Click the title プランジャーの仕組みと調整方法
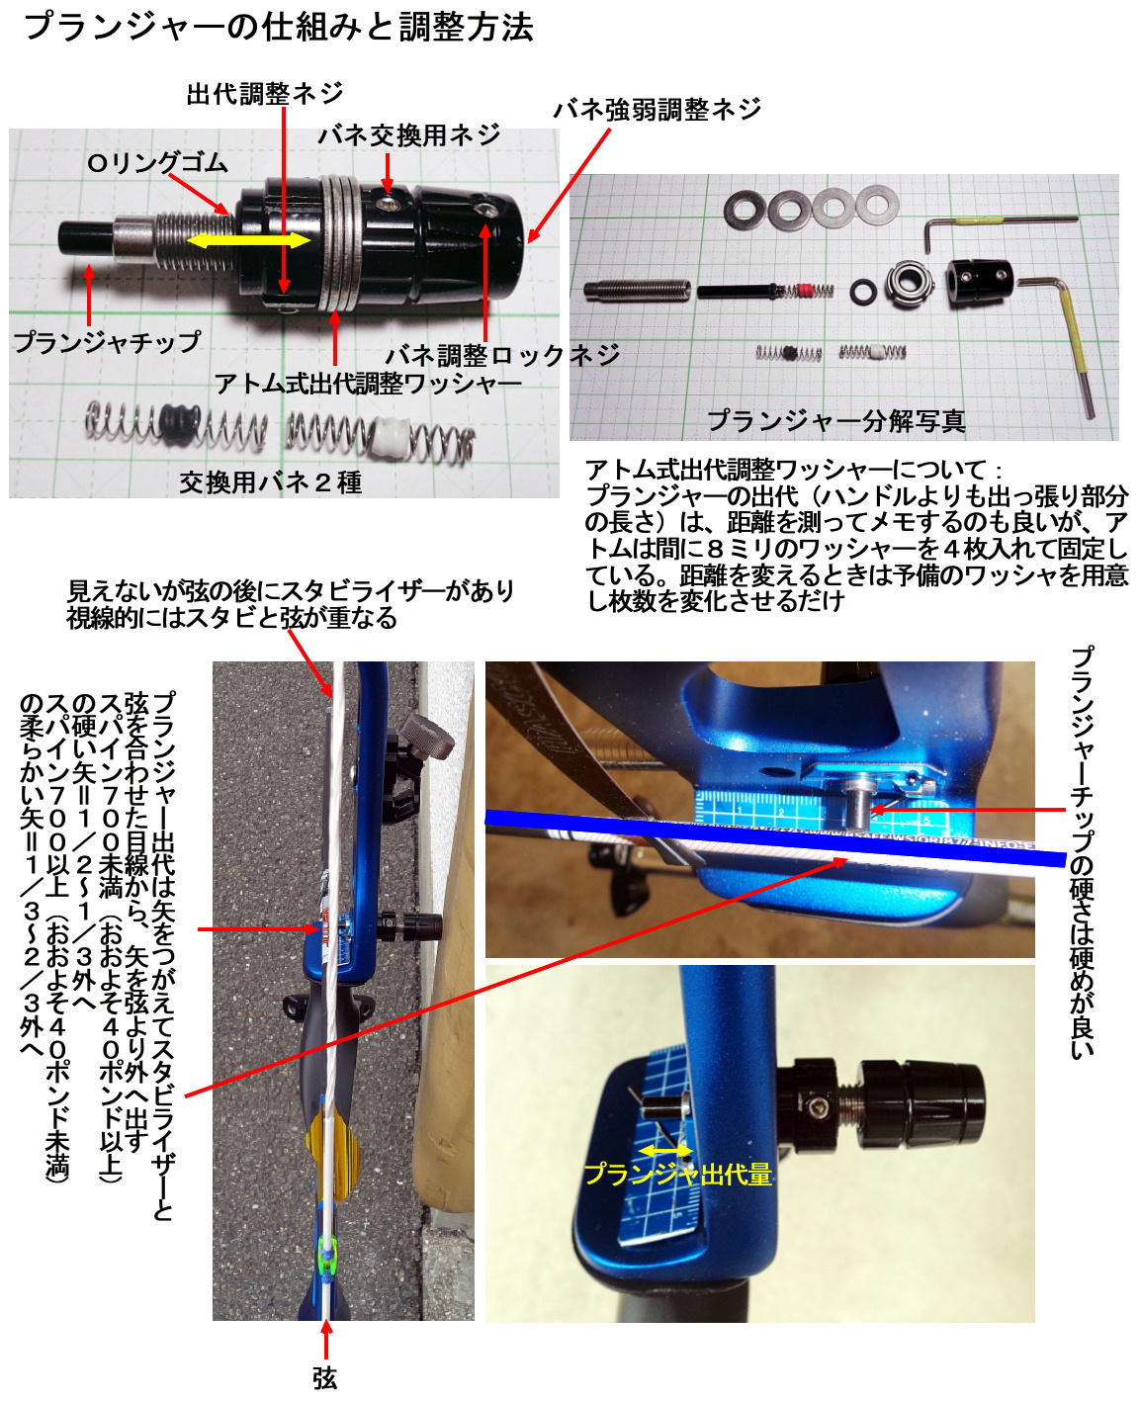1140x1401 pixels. pyautogui.click(x=278, y=29)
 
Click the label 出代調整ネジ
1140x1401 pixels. pyautogui.click(x=264, y=93)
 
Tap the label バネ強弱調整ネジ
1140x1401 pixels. pyautogui.click(x=657, y=109)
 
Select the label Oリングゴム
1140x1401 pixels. pyautogui.click(x=157, y=163)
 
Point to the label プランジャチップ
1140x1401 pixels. pyautogui.click(x=107, y=341)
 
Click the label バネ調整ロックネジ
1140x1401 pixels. pyautogui.click(x=502, y=355)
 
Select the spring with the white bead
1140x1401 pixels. pyautogui.click(x=381, y=438)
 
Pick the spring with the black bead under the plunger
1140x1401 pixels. pyautogui.click(x=176, y=425)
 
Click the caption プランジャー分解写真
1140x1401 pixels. pyautogui.click(x=836, y=421)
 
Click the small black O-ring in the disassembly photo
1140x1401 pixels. pyautogui.click(x=862, y=292)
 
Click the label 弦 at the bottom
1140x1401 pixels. pyautogui.click(x=325, y=1378)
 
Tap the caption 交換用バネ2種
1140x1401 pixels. pyautogui.click(x=270, y=482)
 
